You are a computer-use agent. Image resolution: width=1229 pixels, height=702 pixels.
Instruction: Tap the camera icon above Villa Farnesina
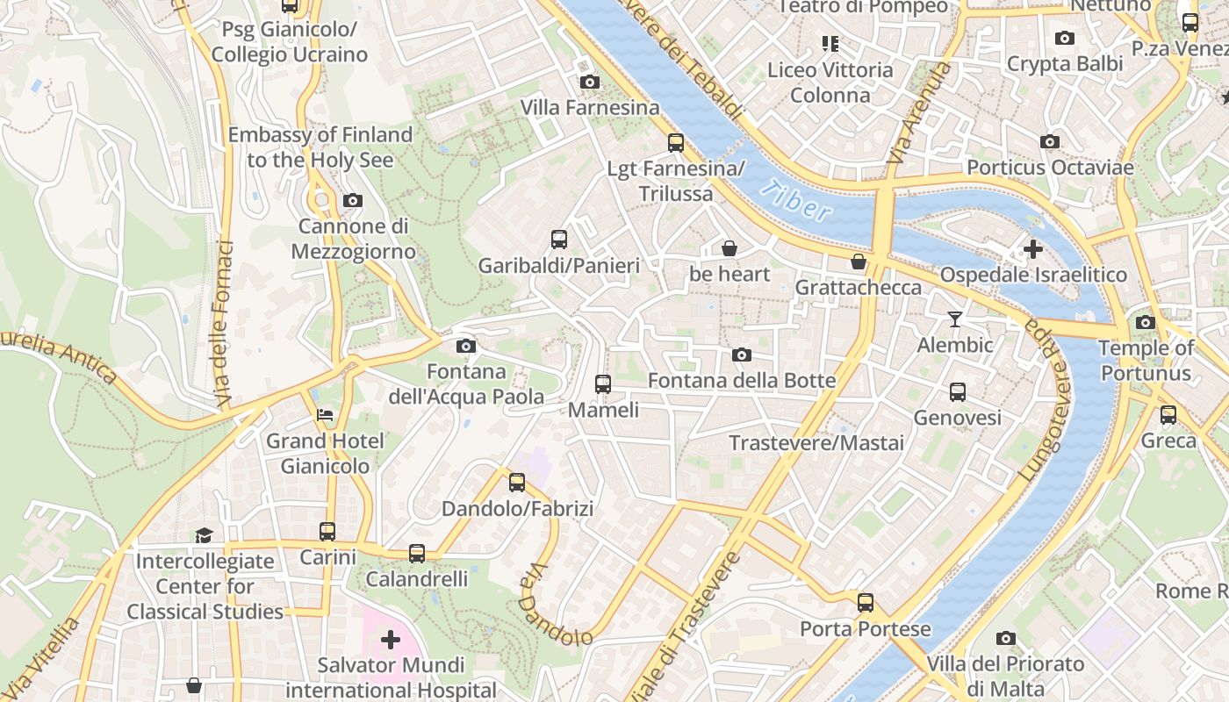(x=590, y=82)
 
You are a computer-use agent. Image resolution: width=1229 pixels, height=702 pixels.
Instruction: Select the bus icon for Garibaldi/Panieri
(x=558, y=240)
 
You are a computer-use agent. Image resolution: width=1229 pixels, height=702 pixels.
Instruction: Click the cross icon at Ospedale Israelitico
(x=1032, y=249)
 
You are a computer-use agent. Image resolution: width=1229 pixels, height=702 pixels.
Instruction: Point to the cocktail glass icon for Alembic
(x=955, y=319)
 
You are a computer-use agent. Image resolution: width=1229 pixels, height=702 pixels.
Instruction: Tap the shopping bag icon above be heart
(x=729, y=249)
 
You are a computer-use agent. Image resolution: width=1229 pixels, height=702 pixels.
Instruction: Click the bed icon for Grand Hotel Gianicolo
(x=325, y=415)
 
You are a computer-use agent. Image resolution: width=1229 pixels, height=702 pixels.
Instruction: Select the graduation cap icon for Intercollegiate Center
(x=204, y=535)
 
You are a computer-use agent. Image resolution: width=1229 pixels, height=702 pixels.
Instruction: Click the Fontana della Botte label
(x=742, y=381)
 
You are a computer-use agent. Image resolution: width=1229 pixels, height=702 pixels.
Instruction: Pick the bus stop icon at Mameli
(x=602, y=384)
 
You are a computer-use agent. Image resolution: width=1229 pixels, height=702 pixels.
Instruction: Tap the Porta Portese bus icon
(x=866, y=603)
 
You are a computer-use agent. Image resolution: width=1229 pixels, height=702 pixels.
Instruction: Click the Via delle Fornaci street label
(x=222, y=325)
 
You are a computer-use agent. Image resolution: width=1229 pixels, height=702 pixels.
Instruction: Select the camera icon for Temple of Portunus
(x=1145, y=323)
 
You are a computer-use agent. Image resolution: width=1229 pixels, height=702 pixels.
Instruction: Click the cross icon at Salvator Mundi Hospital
(x=391, y=640)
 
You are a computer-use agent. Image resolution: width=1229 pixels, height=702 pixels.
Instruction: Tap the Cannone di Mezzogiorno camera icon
(x=353, y=201)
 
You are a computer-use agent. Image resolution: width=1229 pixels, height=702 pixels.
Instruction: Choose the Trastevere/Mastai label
(x=816, y=442)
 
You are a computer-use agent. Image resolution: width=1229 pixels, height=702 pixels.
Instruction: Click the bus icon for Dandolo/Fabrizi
(x=517, y=483)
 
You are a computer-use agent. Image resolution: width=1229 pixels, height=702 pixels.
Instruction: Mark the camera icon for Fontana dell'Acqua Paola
(x=466, y=347)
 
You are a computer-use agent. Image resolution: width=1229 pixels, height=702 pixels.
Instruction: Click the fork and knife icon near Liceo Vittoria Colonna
(x=830, y=43)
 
